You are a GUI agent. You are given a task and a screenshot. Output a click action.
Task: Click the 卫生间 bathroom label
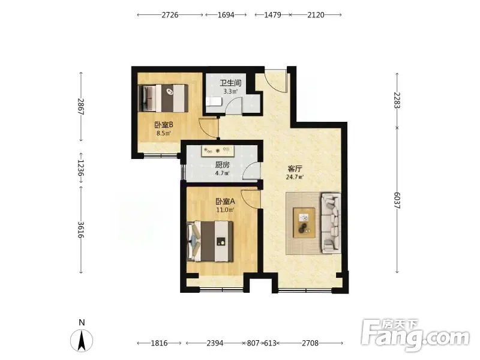pos(230,83)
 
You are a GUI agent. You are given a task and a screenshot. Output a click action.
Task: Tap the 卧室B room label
pos(164,125)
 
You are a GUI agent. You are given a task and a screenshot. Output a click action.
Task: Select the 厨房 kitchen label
pos(222,165)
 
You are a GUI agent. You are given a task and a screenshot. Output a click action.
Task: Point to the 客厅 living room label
pos(295,169)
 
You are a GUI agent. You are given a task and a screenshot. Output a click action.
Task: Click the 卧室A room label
pos(226,202)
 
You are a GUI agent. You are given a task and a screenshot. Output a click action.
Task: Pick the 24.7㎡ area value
pos(295,177)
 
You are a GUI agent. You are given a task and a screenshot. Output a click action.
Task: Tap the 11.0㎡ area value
pos(226,209)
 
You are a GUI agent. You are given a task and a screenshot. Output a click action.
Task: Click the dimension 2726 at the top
pos(170,14)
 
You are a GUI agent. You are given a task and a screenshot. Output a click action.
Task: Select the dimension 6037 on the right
pos(397,200)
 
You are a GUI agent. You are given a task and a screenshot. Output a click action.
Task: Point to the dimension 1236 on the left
pos(81,168)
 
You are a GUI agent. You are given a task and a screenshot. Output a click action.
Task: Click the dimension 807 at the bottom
pos(253,343)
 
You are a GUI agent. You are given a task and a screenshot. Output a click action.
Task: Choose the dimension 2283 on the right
pos(397,100)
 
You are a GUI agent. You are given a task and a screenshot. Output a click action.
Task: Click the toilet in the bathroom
pos(214,101)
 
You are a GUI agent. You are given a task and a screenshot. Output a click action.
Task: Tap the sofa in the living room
pos(331,223)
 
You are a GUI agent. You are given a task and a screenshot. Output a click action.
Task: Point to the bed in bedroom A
pos(211,241)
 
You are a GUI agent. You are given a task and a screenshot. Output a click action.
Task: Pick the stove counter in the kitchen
pos(218,151)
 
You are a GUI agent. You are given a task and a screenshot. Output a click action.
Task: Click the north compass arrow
pos(82,340)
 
